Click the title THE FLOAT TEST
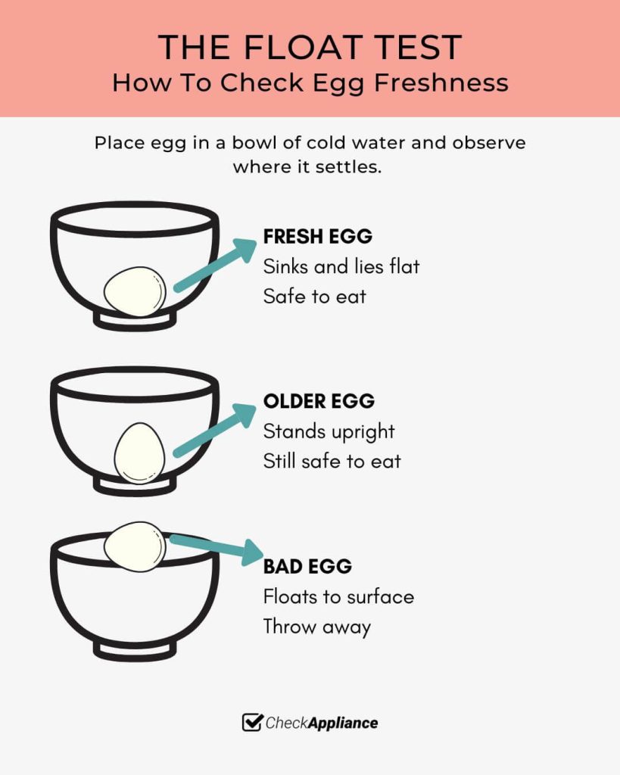tap(310, 48)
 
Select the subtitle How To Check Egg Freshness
tap(310, 83)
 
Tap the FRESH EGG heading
tap(317, 236)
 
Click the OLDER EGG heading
tap(319, 401)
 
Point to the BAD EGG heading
tap(307, 566)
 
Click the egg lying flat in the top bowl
tap(135, 291)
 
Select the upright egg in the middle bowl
tap(139, 453)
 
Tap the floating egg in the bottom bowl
tap(135, 546)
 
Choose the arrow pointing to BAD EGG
tap(217, 548)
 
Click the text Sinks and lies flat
tap(341, 266)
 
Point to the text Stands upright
tap(329, 431)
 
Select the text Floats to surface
tap(338, 596)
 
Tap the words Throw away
tap(316, 627)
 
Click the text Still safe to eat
tap(332, 461)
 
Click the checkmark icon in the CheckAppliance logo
tap(251, 722)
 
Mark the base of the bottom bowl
tap(135, 650)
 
